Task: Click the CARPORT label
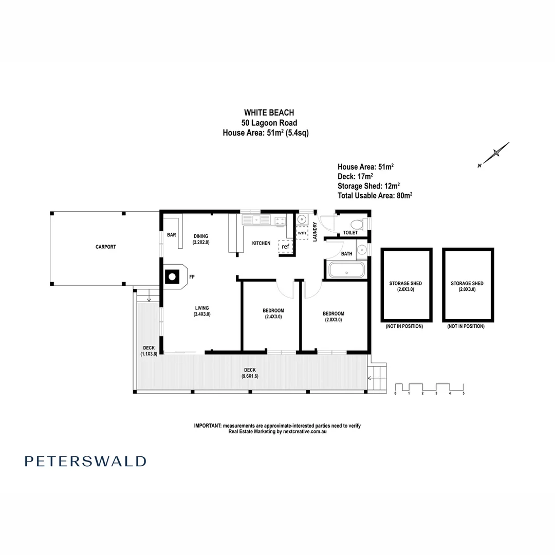(105, 247)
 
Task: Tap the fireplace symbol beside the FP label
(173, 277)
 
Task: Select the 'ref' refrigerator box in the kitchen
(286, 247)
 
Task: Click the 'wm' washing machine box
(302, 233)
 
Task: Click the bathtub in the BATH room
(346, 270)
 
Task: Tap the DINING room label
(201, 239)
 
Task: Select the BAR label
(172, 235)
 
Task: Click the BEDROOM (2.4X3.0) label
(273, 313)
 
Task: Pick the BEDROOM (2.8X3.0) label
(333, 316)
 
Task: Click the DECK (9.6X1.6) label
(250, 373)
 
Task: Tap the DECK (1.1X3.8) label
(149, 351)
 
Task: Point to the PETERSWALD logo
(85, 461)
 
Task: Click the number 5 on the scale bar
(464, 393)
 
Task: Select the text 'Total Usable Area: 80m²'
(375, 195)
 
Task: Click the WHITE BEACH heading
(269, 113)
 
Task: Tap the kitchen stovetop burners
(281, 221)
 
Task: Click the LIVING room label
(201, 311)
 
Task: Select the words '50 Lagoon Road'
(269, 122)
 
